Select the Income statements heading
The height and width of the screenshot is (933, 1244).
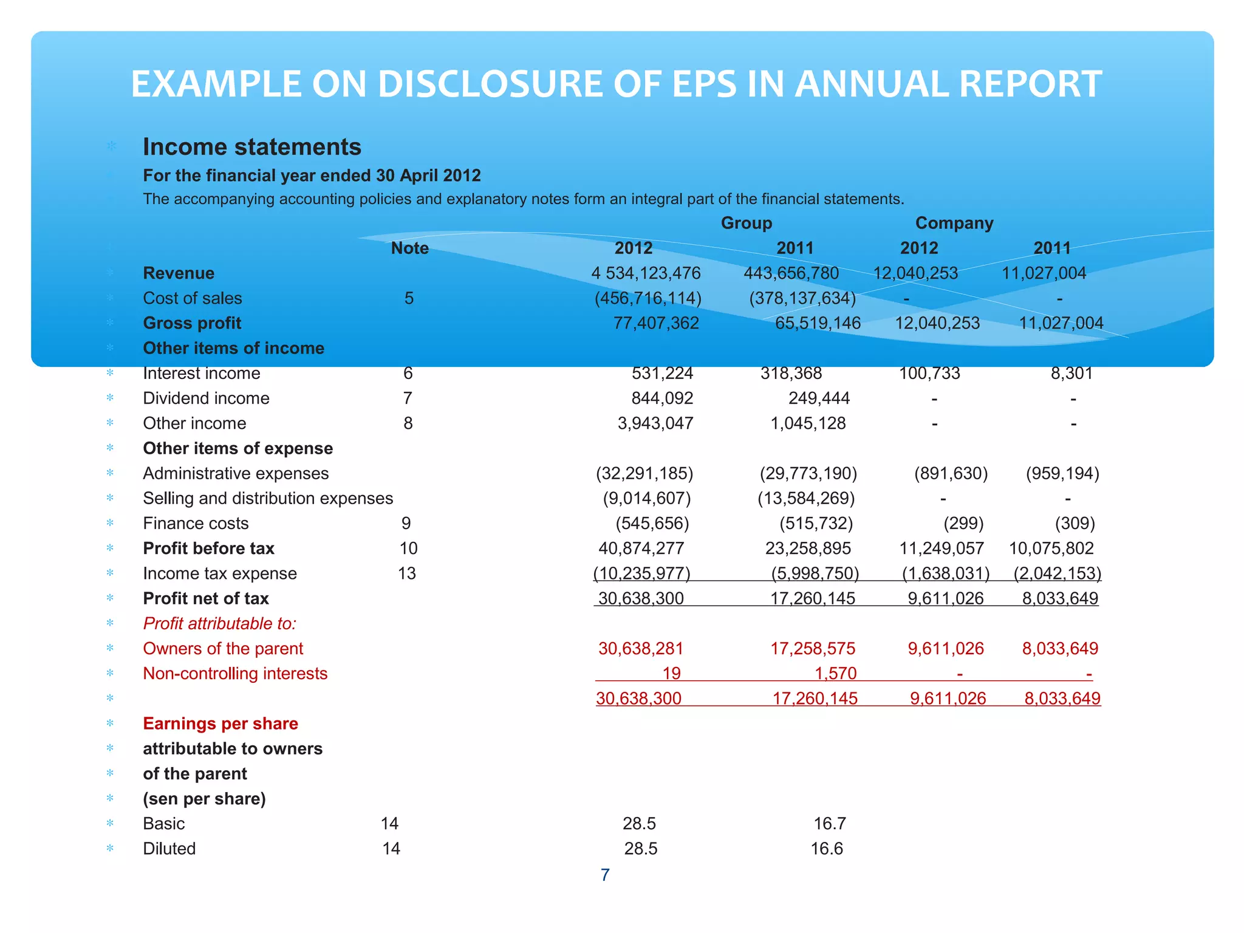(251, 147)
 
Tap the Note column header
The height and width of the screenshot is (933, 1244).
(409, 248)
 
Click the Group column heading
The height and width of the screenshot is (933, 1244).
(746, 223)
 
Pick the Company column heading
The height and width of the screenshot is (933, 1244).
(954, 223)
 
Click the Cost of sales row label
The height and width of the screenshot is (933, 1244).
(192, 298)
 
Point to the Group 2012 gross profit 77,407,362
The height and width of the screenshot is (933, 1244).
(656, 323)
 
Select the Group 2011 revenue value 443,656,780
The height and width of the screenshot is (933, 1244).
(791, 273)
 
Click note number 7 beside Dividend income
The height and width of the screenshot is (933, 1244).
(408, 398)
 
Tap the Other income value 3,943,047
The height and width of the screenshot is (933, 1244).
(655, 423)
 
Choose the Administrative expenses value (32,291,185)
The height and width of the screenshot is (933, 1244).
(644, 473)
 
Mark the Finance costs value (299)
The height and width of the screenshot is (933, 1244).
(963, 524)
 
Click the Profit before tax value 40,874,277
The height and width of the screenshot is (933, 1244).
(641, 549)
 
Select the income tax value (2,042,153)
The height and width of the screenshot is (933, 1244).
(1057, 573)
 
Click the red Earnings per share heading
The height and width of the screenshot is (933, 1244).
(220, 723)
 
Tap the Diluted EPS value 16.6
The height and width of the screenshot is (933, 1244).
(827, 849)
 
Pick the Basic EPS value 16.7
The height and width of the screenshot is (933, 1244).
(830, 824)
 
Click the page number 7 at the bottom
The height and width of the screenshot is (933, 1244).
(605, 875)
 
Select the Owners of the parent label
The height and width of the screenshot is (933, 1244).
(223, 649)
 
